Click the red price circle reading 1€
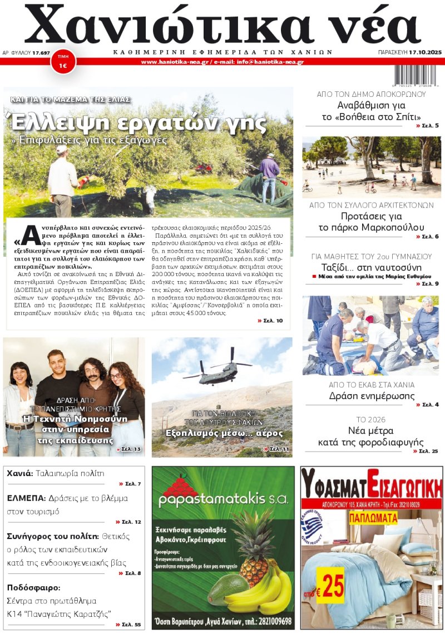pyautogui.click(x=63, y=63)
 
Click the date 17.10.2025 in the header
pyautogui.click(x=425, y=52)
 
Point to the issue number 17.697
pyautogui.click(x=41, y=52)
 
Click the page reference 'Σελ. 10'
pyautogui.click(x=271, y=321)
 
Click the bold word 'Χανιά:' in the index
pyautogui.click(x=20, y=474)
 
